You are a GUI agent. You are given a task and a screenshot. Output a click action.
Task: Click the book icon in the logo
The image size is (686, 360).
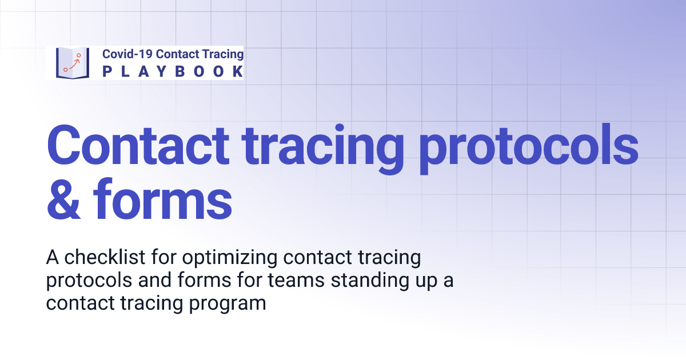click(x=73, y=62)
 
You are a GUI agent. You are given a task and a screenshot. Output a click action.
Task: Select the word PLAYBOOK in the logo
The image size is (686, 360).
click(x=173, y=71)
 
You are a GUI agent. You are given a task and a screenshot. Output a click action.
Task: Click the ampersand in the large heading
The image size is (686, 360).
click(x=64, y=200)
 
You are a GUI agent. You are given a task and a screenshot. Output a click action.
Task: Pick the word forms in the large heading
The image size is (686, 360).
click(x=162, y=200)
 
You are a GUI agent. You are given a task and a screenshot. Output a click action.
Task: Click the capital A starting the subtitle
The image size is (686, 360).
click(x=53, y=258)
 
